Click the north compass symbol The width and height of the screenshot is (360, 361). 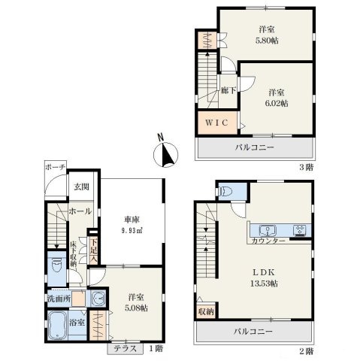(x=165, y=154)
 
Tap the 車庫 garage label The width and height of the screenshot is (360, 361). (x=132, y=220)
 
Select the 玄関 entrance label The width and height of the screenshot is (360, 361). (x=81, y=187)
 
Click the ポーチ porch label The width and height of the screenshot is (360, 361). (x=56, y=167)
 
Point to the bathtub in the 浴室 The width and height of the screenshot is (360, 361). (x=57, y=326)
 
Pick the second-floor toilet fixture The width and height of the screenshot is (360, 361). (x=226, y=192)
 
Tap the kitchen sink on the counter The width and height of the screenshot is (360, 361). (x=268, y=230)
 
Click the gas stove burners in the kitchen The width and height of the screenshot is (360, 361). (x=300, y=231)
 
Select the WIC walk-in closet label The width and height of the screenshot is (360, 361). (x=216, y=123)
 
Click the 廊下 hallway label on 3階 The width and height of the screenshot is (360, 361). (x=228, y=90)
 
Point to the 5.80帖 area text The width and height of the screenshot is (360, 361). (x=267, y=41)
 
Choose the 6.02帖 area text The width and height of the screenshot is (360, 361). (x=277, y=103)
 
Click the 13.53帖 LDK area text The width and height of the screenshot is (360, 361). (x=264, y=284)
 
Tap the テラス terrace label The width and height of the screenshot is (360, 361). (x=126, y=349)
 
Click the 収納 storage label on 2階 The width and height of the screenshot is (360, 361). (x=206, y=311)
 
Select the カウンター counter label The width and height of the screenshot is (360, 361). (x=268, y=241)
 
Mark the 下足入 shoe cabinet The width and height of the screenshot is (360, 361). (x=94, y=250)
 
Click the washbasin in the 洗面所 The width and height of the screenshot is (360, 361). (x=98, y=299)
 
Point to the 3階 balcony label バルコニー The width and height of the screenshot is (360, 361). (x=254, y=147)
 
